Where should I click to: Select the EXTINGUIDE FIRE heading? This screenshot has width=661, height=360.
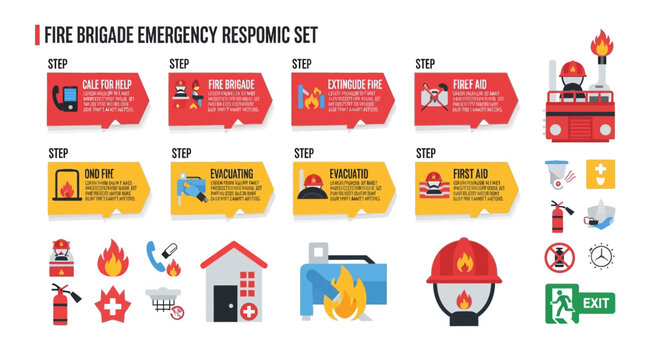click(355, 82)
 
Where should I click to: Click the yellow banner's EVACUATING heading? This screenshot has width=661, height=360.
click(231, 171)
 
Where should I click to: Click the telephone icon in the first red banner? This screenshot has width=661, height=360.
click(65, 97)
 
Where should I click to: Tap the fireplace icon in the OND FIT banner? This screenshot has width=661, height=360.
click(66, 187)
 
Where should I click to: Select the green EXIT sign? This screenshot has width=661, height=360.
click(580, 300)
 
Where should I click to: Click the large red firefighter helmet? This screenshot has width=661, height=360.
click(462, 263)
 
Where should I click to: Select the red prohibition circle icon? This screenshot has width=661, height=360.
click(561, 256)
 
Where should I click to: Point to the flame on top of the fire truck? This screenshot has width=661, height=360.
click(602, 45)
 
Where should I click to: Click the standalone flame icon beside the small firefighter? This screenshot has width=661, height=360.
click(112, 258)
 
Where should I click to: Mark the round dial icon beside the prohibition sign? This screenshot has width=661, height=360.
click(601, 256)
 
